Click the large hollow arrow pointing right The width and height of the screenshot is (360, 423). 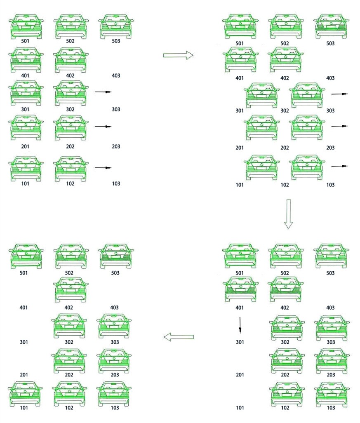click(178, 55)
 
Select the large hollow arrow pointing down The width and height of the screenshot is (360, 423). click(288, 214)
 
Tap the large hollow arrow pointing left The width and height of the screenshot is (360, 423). click(179, 337)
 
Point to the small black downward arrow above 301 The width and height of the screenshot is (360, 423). click(240, 325)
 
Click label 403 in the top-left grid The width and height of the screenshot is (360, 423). click(116, 75)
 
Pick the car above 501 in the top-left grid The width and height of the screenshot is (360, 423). click(26, 26)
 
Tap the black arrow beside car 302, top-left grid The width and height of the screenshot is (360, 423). click(103, 92)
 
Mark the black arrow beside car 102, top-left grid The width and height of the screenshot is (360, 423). click(103, 168)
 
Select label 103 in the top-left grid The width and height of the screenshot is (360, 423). click(116, 184)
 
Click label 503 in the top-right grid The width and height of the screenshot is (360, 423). click(330, 43)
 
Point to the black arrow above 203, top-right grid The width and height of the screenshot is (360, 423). click(339, 126)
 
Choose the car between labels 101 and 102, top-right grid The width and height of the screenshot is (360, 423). click(261, 167)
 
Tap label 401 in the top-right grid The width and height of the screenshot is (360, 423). click(239, 78)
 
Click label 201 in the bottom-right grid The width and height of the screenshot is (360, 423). click(240, 375)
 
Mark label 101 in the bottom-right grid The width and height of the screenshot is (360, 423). click(240, 408)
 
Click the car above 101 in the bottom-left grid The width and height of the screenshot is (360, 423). click(25, 394)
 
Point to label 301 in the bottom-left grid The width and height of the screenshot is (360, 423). click(24, 342)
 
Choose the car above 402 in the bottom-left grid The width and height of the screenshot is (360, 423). click(71, 289)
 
